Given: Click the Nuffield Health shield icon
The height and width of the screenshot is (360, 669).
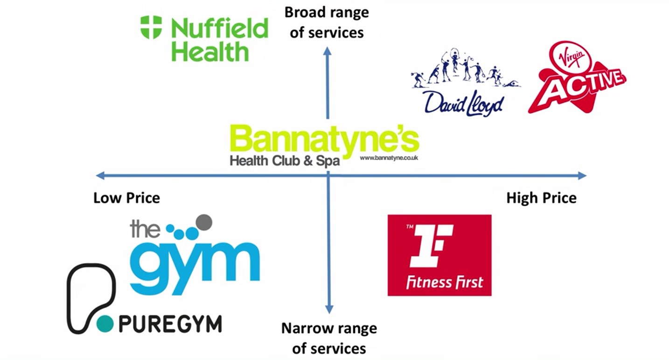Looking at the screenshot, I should [151, 27].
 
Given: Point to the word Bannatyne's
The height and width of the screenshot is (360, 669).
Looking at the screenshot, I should [324, 139].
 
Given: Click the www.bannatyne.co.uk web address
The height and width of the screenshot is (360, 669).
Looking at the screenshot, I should [389, 158].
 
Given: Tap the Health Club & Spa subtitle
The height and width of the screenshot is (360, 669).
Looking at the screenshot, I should [285, 162].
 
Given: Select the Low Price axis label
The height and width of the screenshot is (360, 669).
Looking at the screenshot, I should [126, 198].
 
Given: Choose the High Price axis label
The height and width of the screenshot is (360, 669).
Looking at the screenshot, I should [541, 198].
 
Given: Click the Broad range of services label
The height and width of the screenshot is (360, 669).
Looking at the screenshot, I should [327, 22].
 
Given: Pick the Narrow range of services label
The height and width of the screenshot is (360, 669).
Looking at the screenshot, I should [329, 338].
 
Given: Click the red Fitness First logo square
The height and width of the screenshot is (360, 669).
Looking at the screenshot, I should [439, 255].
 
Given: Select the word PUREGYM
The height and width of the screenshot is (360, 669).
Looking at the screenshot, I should [170, 324].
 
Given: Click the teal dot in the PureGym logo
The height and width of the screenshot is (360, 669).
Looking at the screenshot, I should [105, 324].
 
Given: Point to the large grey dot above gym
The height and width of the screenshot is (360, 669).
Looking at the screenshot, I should [204, 222].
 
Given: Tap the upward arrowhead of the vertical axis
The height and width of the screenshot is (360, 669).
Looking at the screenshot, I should [328, 50].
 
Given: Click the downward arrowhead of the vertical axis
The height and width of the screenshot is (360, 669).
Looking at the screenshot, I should [329, 309].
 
